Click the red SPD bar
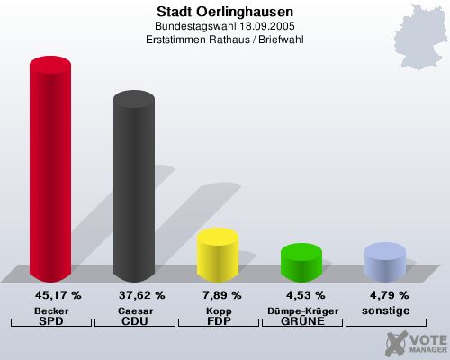(50, 171)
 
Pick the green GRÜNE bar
(301, 262)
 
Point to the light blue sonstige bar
(384, 261)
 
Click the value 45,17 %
(58, 294)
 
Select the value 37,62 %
(141, 294)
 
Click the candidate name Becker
(51, 310)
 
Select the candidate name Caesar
(134, 310)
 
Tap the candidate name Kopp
(218, 310)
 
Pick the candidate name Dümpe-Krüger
(301, 310)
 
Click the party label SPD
(51, 320)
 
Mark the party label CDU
(134, 320)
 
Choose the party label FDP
(218, 320)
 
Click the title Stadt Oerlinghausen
(224, 12)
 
